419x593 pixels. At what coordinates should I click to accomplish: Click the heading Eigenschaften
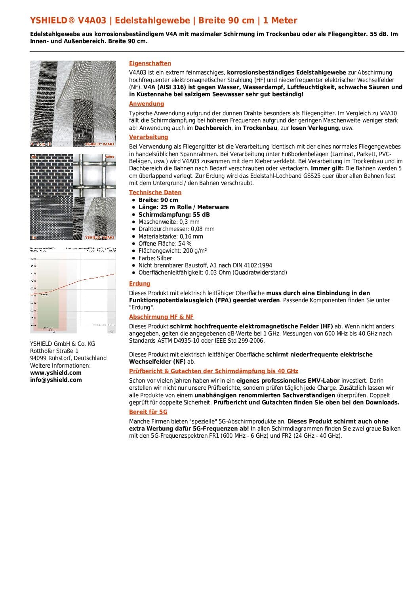150,63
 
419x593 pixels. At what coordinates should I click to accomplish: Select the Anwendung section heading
147,104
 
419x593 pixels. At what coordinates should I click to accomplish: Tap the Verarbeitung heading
149,137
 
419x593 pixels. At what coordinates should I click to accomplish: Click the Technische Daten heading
155,193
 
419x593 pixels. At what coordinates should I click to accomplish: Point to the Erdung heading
140,284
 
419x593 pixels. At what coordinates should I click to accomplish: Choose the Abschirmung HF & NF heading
161,317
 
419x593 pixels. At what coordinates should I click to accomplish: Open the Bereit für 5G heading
148,412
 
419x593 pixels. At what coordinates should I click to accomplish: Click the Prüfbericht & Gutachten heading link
213,371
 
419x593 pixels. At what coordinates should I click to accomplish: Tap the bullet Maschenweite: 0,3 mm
169,222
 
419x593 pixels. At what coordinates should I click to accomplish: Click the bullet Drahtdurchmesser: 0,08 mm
177,229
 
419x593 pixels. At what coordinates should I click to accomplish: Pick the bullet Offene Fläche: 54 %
165,244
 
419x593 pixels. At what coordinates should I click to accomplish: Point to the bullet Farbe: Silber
155,258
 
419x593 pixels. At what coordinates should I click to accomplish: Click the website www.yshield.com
56,373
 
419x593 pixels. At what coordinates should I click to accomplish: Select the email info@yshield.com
56,380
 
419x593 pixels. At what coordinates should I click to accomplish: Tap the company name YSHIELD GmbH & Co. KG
63,344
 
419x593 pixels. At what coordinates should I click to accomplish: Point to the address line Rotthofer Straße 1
54,351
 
